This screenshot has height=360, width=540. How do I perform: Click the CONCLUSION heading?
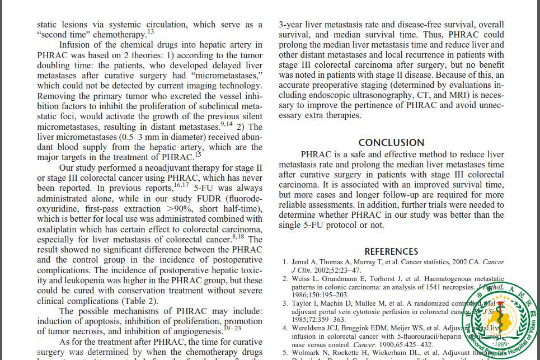pyautogui.click(x=391, y=142)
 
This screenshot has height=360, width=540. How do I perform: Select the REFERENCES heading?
pyautogui.click(x=391, y=251)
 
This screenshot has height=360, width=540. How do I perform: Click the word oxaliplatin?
pyautogui.click(x=59, y=229)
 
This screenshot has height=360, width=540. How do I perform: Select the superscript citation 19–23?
pyautogui.click(x=232, y=328)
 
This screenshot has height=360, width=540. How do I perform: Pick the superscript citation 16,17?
pyautogui.click(x=181, y=185)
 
